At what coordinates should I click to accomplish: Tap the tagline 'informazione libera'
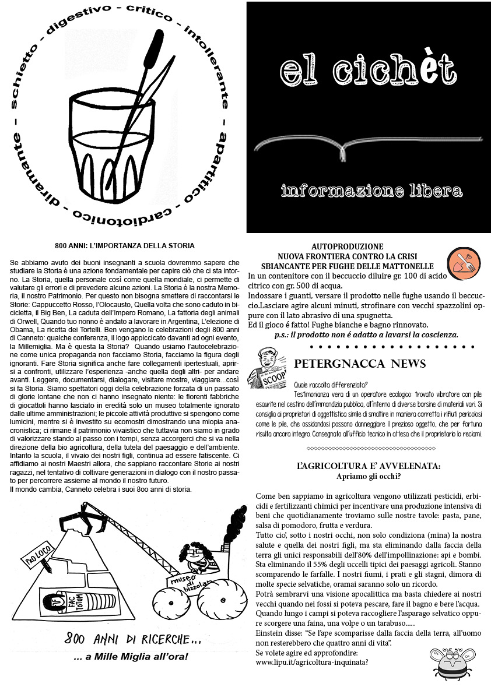click(x=371, y=191)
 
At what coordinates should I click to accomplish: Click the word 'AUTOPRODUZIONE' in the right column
click(x=347, y=247)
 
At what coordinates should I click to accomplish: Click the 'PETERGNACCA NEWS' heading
click(x=360, y=364)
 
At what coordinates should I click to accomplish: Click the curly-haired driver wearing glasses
click(x=195, y=558)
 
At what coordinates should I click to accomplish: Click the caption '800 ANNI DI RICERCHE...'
click(x=132, y=639)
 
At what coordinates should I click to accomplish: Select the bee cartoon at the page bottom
click(x=454, y=664)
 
